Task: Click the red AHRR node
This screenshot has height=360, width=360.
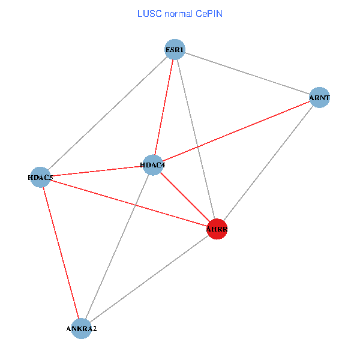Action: pyautogui.click(x=217, y=229)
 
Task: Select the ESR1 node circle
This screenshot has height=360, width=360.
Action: pyautogui.click(x=175, y=49)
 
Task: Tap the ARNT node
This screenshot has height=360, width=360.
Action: pyautogui.click(x=320, y=98)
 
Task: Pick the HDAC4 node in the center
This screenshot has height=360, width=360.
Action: pyautogui.click(x=153, y=165)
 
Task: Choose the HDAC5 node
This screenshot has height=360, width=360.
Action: pyautogui.click(x=40, y=177)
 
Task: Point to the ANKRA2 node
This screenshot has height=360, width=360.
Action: pyautogui.click(x=81, y=329)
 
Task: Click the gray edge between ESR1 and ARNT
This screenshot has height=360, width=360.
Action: pyautogui.click(x=247, y=73)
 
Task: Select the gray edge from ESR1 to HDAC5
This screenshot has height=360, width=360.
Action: pyautogui.click(x=107, y=113)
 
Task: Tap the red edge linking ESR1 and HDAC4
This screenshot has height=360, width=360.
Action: pyautogui.click(x=164, y=107)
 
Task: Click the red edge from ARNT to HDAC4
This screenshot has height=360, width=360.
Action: pyautogui.click(x=236, y=131)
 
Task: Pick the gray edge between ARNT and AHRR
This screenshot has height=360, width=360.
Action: pyautogui.click(x=268, y=163)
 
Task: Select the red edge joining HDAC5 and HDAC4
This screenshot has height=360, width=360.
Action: pyautogui.click(x=97, y=171)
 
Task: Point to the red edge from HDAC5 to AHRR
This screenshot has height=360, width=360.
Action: pyautogui.click(x=128, y=203)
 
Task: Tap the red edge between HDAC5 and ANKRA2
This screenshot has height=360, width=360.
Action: pyautogui.click(x=61, y=253)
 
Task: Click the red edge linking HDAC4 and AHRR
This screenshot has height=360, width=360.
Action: pyautogui.click(x=185, y=197)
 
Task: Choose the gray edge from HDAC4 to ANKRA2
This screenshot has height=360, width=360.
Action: pyautogui.click(x=117, y=247)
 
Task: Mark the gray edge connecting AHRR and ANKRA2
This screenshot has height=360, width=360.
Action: pyautogui.click(x=149, y=278)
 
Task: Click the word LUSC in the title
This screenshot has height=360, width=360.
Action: pyautogui.click(x=148, y=13)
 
